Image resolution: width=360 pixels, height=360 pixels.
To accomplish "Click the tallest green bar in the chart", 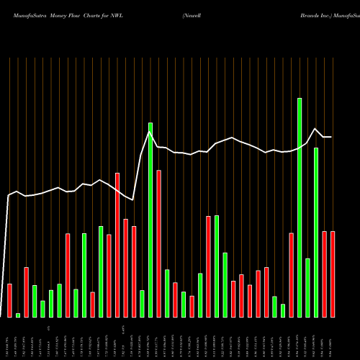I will (300, 207).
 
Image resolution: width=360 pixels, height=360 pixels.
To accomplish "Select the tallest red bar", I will (117, 245).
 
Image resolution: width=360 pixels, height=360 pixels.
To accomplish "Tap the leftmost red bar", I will (10, 300).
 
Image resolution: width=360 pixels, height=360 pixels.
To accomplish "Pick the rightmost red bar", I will (333, 274).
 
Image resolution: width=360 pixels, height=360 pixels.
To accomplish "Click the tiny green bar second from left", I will (18, 315).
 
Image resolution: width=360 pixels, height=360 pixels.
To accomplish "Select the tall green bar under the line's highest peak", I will (150, 220).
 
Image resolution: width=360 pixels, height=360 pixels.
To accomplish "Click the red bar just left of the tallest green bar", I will (292, 275).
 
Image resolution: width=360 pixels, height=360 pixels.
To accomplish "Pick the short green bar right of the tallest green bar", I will (308, 287).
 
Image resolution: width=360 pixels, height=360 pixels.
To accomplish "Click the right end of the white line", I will (332, 137).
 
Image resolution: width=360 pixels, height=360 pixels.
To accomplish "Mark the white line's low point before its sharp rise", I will (132, 199).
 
